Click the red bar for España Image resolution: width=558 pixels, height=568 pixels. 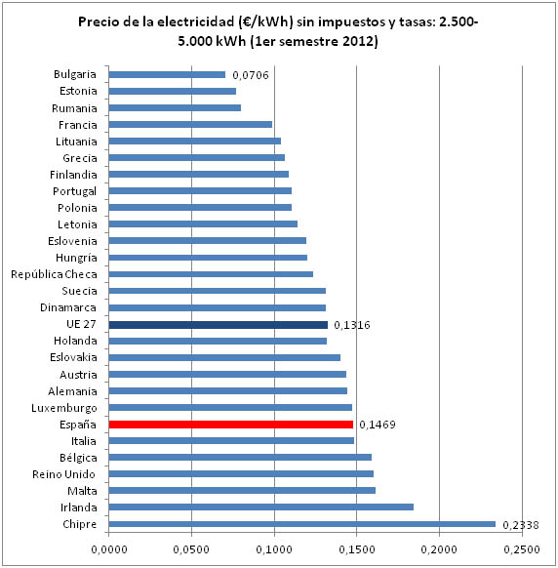[230, 425]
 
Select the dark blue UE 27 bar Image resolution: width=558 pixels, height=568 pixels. [218, 325]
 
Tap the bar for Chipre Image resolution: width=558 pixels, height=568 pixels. [302, 524]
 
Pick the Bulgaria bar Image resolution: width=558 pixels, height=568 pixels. [167, 74]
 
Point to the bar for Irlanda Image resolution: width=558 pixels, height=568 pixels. [261, 507]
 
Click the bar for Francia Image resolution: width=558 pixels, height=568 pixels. [190, 125]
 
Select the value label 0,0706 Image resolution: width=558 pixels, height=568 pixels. [251, 75]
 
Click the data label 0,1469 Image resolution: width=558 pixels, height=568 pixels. [378, 425]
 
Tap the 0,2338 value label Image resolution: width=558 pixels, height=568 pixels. [521, 525]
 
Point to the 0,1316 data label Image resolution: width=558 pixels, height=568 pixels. [352, 325]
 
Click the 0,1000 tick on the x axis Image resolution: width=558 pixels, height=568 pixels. [274, 549]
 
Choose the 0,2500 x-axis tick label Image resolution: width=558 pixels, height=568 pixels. [522, 549]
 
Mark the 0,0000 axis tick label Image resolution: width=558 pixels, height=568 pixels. [109, 549]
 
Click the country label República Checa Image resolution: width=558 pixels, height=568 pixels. [54, 274]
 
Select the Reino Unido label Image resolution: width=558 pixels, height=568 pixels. [63, 474]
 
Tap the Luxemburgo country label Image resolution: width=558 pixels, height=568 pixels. [64, 408]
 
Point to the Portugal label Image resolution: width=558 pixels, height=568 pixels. [74, 191]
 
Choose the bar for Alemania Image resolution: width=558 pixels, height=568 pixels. [227, 390]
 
